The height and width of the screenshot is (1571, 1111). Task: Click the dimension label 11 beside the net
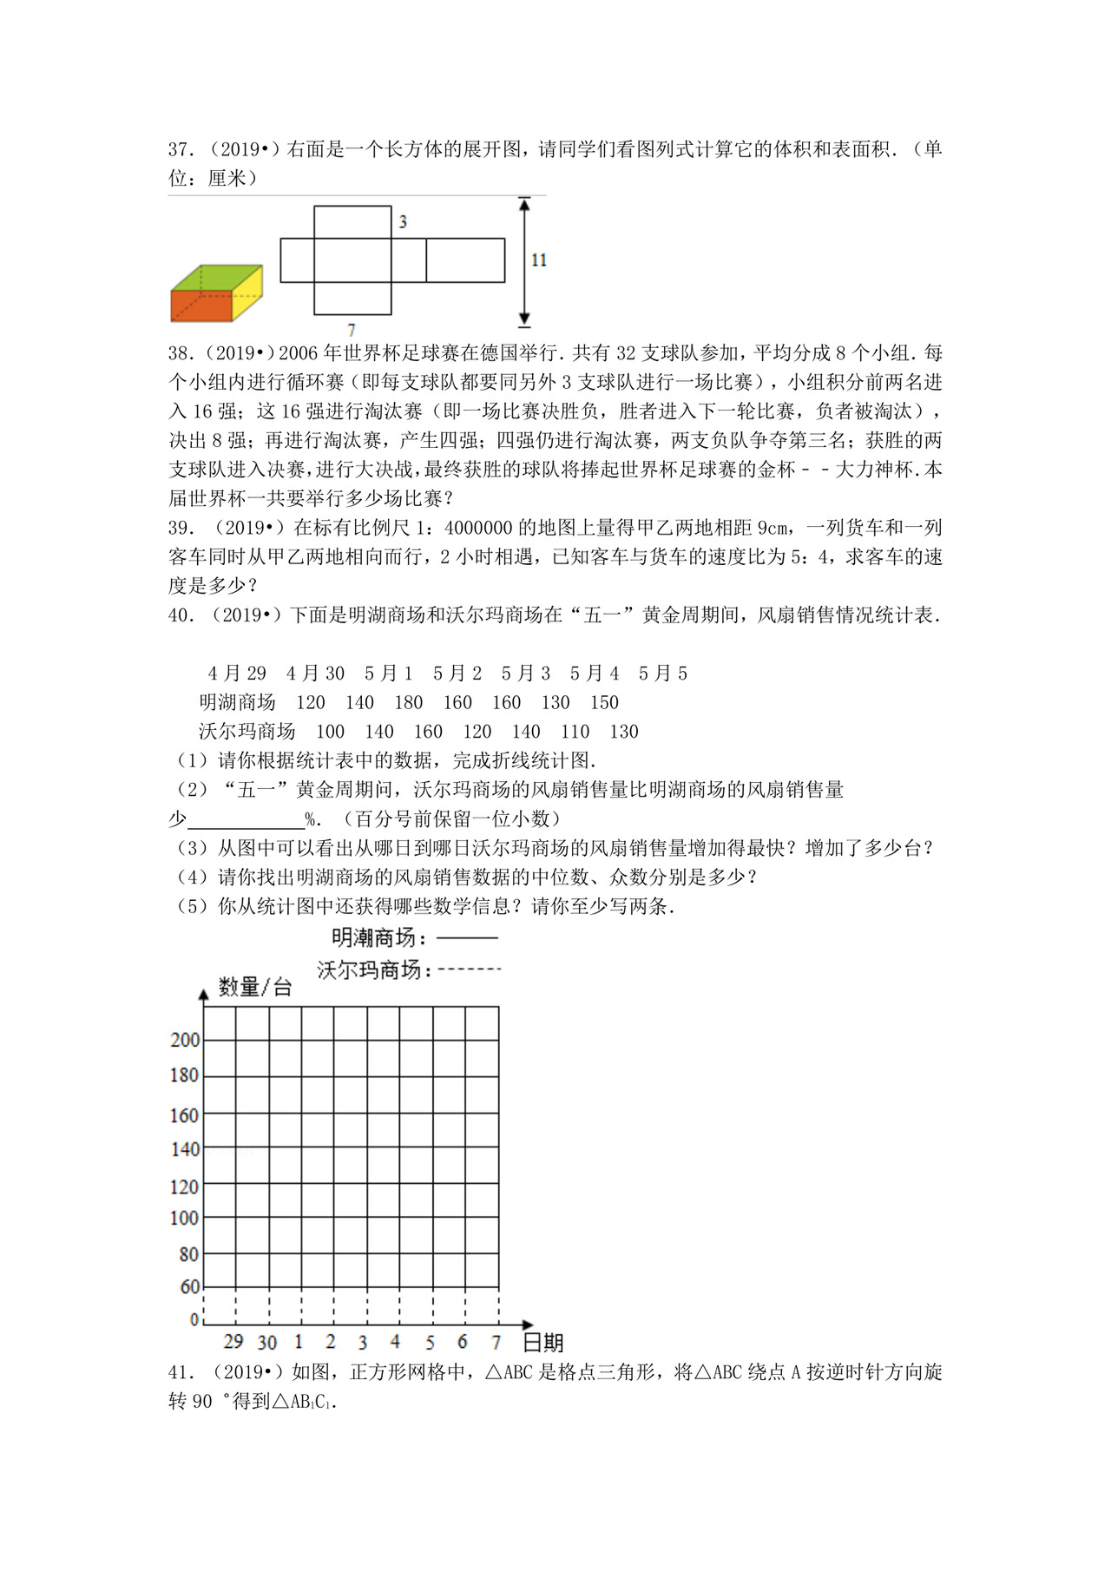tap(539, 260)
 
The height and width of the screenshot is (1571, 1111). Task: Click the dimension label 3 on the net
tap(403, 222)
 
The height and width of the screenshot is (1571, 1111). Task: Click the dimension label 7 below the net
tap(352, 330)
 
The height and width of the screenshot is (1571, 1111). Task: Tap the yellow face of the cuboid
tap(248, 292)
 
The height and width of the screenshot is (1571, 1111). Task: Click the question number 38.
tap(180, 353)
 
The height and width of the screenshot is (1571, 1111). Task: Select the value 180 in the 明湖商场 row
tap(408, 703)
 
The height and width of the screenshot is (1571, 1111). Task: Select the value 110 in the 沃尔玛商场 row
tap(575, 732)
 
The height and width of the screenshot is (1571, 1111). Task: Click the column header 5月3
tap(525, 674)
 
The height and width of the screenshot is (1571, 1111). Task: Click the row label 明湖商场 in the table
tap(237, 703)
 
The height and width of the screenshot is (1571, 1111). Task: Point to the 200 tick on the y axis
tap(185, 1040)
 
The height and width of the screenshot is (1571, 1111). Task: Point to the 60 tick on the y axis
tap(189, 1287)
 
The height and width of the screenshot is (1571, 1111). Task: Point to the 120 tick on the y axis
tap(184, 1186)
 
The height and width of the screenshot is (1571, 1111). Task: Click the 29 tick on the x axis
tap(233, 1342)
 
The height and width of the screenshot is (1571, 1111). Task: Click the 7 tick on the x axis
tap(496, 1343)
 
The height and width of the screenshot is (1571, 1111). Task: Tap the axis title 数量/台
tap(255, 987)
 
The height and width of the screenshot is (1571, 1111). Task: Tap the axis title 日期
tap(544, 1344)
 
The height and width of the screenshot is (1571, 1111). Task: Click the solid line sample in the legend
tap(468, 938)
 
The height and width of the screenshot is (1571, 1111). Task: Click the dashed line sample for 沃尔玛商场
tap(470, 970)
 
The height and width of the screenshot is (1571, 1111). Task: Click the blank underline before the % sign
tap(246, 819)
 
